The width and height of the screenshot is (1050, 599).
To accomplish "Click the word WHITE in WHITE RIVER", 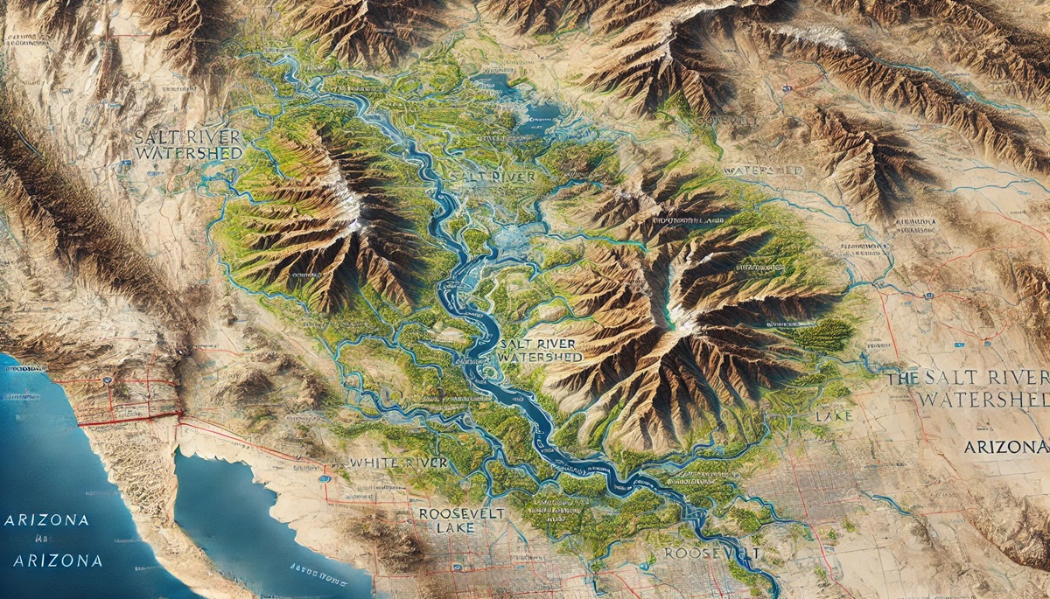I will pos(374,462).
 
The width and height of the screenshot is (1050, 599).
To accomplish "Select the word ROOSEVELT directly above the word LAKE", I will pos(460,513).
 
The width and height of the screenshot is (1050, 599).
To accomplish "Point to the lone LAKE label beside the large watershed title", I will pos(832,417).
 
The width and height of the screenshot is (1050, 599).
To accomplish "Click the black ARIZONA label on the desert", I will pos(1005,447).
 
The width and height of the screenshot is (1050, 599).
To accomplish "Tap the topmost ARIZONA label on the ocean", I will pos(46,519).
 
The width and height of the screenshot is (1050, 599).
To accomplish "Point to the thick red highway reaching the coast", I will pos(131,419).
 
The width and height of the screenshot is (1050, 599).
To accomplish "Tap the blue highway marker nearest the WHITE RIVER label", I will pos(325,478).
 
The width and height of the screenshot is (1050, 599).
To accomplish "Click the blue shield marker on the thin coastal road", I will pos(106,381).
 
